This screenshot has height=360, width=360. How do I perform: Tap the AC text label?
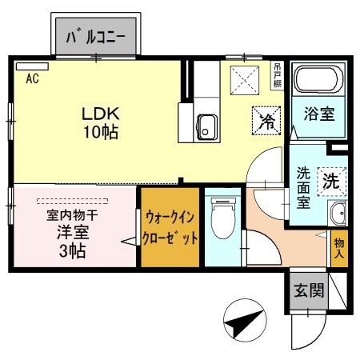(x=33, y=78)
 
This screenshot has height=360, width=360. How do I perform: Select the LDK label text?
(x=98, y=113)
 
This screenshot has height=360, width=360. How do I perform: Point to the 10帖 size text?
(x=99, y=131)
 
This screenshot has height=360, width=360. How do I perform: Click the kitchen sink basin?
(x=208, y=126)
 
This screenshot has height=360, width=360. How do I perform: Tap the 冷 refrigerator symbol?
(x=266, y=122)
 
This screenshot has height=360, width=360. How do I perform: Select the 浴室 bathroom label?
(x=318, y=114)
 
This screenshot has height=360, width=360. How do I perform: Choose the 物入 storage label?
(x=339, y=248)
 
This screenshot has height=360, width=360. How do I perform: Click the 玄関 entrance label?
(x=307, y=291)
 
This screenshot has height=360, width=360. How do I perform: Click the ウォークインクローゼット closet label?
(x=169, y=227)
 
